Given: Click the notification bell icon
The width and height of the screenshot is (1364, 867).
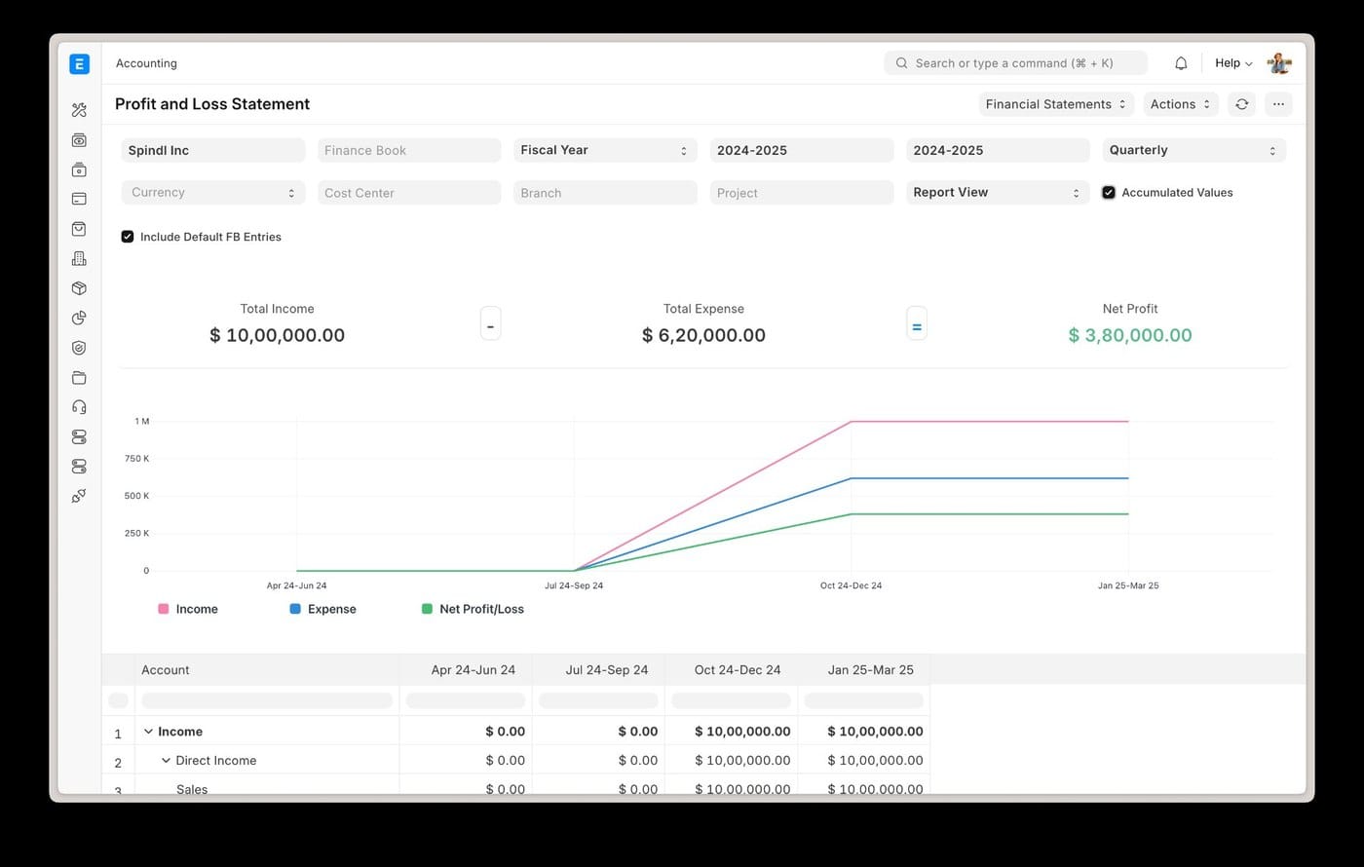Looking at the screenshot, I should point(1181,63).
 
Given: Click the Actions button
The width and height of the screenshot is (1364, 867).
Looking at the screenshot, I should point(1180,104).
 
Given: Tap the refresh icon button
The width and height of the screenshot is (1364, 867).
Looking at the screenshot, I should point(1241,104).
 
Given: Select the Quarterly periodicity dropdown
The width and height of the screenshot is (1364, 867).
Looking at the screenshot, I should point(1193,150).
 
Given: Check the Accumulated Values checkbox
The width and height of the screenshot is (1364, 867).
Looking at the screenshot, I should point(1109,193).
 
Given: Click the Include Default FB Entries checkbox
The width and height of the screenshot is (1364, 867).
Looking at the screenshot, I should point(128,237).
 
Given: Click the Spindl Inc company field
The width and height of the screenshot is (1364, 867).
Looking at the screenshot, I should point(212,150).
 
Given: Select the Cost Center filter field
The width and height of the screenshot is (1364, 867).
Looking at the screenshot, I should point(408,193).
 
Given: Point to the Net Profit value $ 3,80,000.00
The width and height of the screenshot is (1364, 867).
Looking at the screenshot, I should point(1129,335).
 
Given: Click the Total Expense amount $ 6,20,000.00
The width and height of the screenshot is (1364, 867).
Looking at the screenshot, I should point(703,335).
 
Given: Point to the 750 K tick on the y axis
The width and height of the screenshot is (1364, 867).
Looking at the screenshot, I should point(136,459).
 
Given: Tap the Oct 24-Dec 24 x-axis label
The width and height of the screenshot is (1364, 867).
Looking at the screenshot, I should point(851,585).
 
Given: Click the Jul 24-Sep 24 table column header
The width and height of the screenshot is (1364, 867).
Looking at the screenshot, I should point(606,670).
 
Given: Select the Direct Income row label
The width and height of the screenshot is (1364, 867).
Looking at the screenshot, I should point(215,761).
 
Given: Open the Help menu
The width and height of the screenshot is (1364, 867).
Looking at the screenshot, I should point(1232,63).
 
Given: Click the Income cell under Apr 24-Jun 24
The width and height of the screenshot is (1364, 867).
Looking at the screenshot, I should point(505,732).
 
